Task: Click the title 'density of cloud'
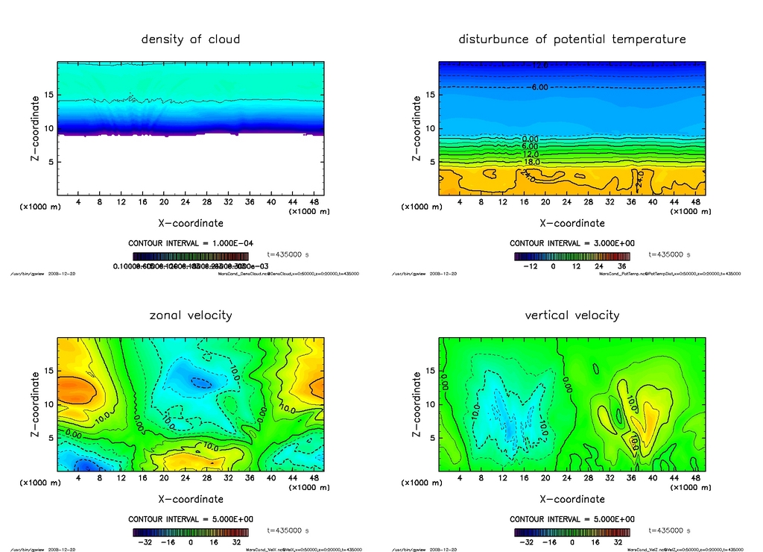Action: click(x=191, y=39)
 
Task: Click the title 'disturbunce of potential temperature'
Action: click(x=572, y=39)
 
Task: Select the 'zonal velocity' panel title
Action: click(x=191, y=315)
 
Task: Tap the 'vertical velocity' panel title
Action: click(x=572, y=315)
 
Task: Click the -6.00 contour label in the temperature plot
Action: click(x=539, y=87)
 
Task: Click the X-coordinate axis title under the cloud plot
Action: click(x=191, y=222)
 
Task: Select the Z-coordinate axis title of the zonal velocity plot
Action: click(x=35, y=404)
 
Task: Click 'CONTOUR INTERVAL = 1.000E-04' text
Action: click(x=191, y=243)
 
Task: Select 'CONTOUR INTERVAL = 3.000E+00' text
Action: click(x=572, y=243)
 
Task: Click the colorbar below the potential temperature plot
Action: click(x=572, y=256)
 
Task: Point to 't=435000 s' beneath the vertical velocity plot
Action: click(x=670, y=530)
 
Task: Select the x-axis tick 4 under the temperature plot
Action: click(x=460, y=202)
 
